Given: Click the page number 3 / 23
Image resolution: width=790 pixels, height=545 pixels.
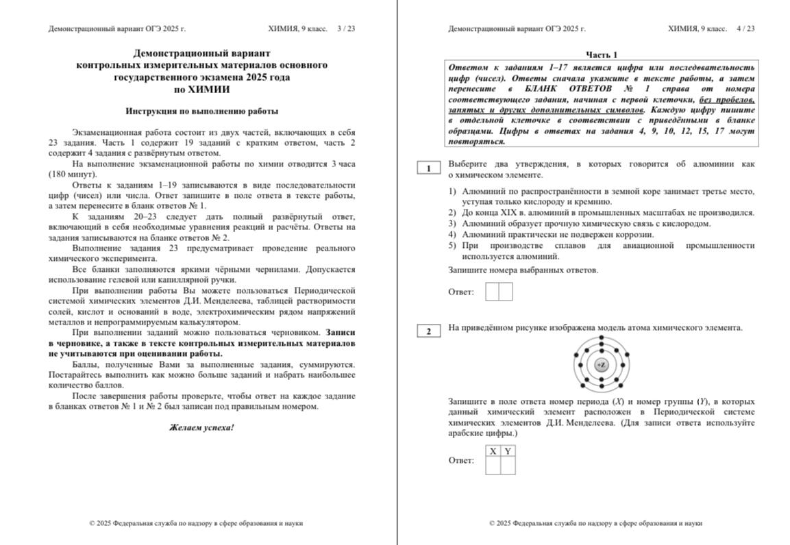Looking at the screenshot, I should click(x=346, y=29).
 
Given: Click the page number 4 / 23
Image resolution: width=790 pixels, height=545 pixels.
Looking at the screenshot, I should click(x=745, y=29).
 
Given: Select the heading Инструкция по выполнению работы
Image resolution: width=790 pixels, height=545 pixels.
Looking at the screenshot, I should click(x=202, y=111).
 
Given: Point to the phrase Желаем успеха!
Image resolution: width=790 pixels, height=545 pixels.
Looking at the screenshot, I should click(x=201, y=427).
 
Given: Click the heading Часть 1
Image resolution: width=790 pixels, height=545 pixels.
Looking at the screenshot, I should click(x=602, y=55).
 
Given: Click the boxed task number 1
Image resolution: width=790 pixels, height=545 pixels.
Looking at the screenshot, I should click(x=429, y=168).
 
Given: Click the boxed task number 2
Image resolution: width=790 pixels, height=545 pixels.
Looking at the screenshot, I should click(x=429, y=332).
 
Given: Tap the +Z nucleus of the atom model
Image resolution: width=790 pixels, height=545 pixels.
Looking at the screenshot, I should click(x=601, y=365).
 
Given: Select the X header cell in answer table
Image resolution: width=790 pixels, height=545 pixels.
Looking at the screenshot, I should click(x=493, y=451).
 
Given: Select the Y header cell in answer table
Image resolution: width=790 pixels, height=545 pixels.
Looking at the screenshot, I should click(x=508, y=451).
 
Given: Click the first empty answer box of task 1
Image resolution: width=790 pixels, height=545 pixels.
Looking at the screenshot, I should click(x=492, y=292).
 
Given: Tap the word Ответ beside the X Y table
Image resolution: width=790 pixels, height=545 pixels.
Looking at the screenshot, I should click(x=461, y=460).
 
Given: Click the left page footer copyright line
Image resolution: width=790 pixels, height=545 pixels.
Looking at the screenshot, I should click(x=196, y=523).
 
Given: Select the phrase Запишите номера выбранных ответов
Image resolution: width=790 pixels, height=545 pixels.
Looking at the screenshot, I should click(x=523, y=270).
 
